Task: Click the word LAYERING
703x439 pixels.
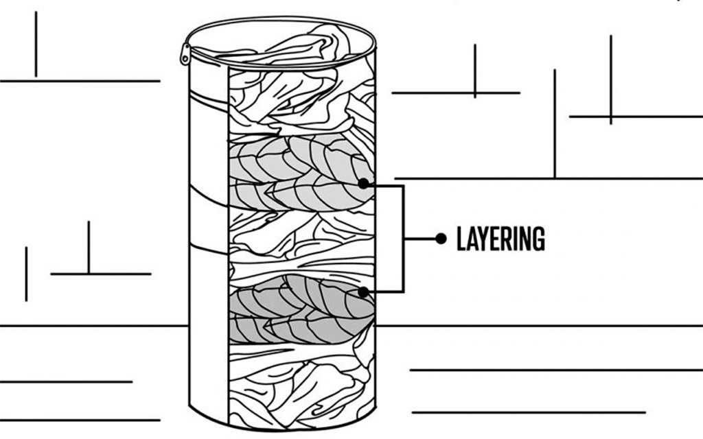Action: pos(500,239)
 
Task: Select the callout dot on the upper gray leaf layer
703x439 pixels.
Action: pos(363,184)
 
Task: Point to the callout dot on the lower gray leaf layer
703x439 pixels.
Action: pos(363,292)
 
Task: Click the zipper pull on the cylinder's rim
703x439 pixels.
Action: pos(185,54)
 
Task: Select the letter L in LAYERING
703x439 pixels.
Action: pos(461,239)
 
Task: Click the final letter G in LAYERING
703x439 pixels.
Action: pos(538,239)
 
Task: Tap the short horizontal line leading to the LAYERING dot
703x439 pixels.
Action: pos(421,239)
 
